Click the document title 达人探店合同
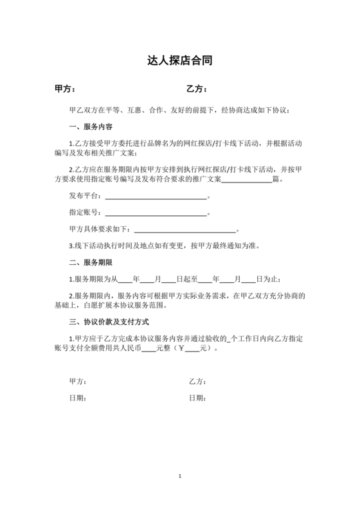click(x=179, y=62)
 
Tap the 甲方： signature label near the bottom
click(x=77, y=382)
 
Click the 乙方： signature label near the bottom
click(x=197, y=382)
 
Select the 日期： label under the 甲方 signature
click(x=77, y=398)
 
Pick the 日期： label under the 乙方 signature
click(x=197, y=398)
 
